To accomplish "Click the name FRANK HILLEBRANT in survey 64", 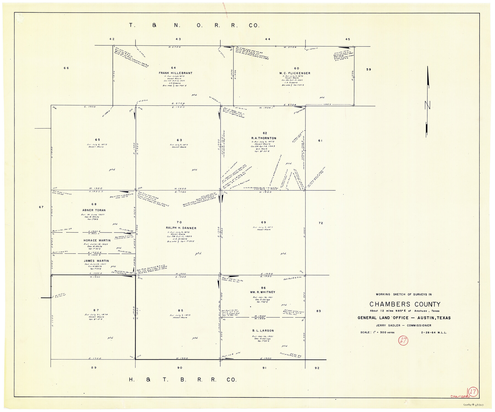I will pyautogui.click(x=175, y=73).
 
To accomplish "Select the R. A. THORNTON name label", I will pyautogui.click(x=263, y=138).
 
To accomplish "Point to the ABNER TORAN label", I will pyautogui.click(x=94, y=210).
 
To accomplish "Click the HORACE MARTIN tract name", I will pyautogui.click(x=97, y=240).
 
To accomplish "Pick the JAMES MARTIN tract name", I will pyautogui.click(x=96, y=261).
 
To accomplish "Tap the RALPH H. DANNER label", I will pyautogui.click(x=181, y=228).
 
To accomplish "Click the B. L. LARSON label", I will pyautogui.click(x=263, y=331).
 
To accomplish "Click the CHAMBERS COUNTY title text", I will pyautogui.click(x=405, y=304).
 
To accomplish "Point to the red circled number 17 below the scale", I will pyautogui.click(x=403, y=341).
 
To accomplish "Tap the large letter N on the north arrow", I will pyautogui.click(x=427, y=105).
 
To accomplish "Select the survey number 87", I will pyautogui.click(x=96, y=310).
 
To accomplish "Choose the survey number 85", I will pyautogui.click(x=180, y=310).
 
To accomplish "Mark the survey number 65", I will pyautogui.click(x=97, y=140).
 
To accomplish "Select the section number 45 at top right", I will pyautogui.click(x=348, y=39).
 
